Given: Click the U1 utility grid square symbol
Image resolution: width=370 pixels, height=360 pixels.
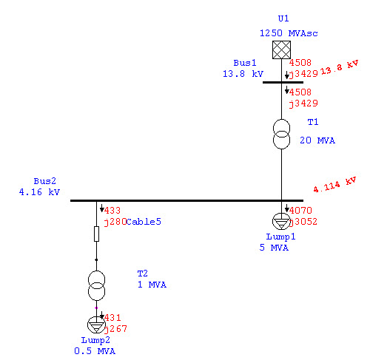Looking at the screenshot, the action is click(x=281, y=50).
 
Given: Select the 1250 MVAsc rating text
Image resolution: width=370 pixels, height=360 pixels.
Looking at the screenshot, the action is click(x=289, y=33).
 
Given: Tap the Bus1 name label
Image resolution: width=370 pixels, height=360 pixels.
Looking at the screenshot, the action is click(x=245, y=63).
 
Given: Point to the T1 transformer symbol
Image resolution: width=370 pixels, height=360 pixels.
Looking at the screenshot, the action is click(x=281, y=134).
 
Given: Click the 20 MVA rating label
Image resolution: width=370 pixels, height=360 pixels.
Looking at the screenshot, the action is click(x=317, y=140).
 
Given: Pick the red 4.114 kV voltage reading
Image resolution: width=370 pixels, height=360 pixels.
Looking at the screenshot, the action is click(x=335, y=185).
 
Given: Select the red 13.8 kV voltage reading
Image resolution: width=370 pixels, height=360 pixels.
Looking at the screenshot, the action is click(x=340, y=67).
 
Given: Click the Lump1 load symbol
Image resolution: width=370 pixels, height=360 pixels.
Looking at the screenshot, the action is click(x=281, y=222).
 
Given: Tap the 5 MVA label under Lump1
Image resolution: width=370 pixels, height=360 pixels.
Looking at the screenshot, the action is click(x=274, y=248).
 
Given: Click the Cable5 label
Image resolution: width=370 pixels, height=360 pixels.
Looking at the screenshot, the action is click(x=144, y=222).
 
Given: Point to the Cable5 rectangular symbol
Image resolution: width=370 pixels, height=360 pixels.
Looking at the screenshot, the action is click(x=97, y=234).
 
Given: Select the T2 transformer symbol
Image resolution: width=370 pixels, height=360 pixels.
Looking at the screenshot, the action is click(x=96, y=285).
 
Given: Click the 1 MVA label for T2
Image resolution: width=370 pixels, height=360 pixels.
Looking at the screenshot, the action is click(x=152, y=285).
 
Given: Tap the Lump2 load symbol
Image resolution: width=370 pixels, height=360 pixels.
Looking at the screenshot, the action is click(x=96, y=325).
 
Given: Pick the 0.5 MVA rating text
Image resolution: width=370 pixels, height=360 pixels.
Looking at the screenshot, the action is click(x=95, y=351).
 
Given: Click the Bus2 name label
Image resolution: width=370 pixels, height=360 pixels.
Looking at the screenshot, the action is click(x=45, y=181).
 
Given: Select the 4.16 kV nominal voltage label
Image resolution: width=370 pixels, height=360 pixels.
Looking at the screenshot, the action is click(x=39, y=192).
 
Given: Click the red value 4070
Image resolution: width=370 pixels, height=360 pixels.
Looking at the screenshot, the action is click(x=300, y=211).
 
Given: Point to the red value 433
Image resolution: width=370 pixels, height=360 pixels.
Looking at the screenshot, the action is click(x=112, y=211).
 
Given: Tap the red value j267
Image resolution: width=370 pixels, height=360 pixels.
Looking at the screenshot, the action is click(x=115, y=329).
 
